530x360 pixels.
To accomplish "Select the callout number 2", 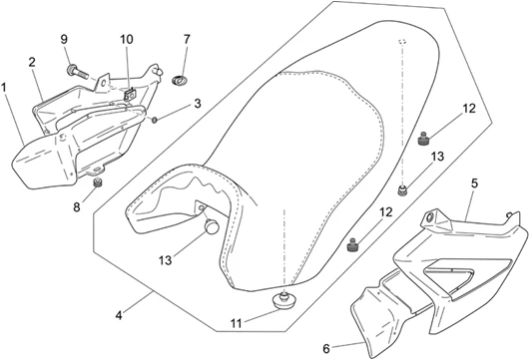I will [x=32, y=62].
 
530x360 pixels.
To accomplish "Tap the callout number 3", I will [x=198, y=103].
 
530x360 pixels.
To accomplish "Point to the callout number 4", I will [x=120, y=315].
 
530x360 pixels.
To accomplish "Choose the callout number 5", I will [x=474, y=183].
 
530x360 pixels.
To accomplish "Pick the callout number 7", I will [x=187, y=40].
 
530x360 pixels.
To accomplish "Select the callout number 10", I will [x=127, y=40].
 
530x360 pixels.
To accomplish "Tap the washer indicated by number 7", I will [x=182, y=75].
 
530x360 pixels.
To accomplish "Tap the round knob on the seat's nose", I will [x=210, y=226].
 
